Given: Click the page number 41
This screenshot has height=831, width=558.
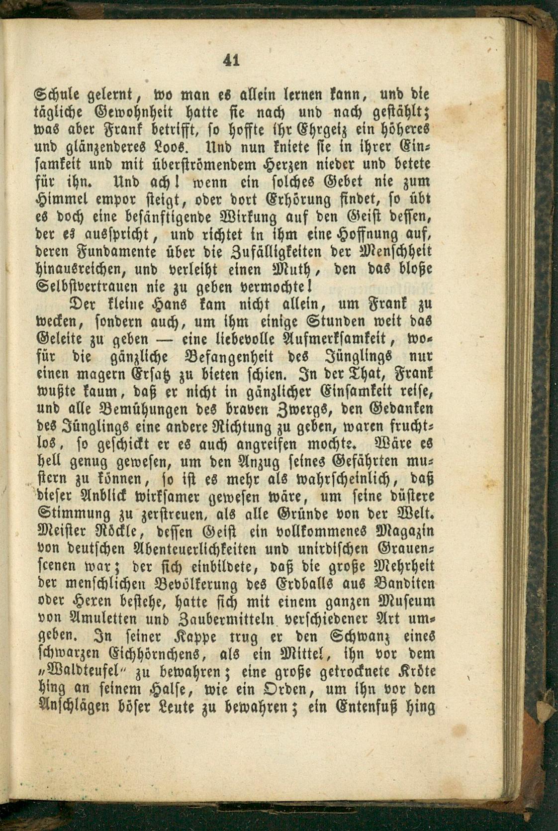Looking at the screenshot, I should pyautogui.click(x=232, y=60).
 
